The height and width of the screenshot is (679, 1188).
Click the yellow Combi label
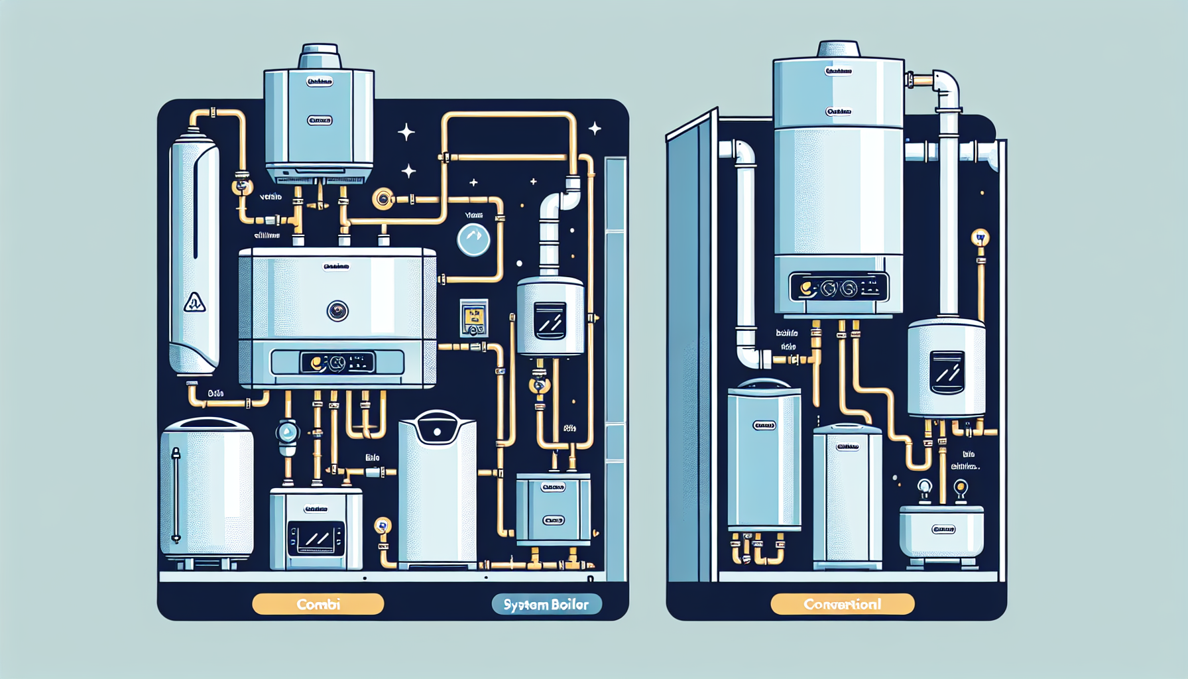[318, 604]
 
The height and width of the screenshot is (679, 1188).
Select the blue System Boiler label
[546, 604]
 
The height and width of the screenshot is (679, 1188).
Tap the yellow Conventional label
[843, 604]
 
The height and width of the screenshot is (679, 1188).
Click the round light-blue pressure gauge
[473, 240]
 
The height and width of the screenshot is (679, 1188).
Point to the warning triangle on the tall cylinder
[194, 302]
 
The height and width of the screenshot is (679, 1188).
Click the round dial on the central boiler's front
[337, 310]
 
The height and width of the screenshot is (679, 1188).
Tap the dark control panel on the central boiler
[337, 363]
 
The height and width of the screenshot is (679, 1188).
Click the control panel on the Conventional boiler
[839, 288]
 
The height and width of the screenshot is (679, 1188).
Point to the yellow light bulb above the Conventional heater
[980, 237]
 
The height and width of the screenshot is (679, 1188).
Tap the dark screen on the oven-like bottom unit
[316, 538]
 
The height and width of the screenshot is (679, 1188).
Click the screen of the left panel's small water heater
[550, 321]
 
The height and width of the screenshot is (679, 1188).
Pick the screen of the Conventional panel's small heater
[947, 372]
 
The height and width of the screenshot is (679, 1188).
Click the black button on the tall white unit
[438, 432]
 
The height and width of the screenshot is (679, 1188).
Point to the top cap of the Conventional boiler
[839, 49]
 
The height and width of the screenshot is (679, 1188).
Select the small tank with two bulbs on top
[941, 530]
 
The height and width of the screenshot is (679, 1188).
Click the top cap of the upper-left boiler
[320, 56]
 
